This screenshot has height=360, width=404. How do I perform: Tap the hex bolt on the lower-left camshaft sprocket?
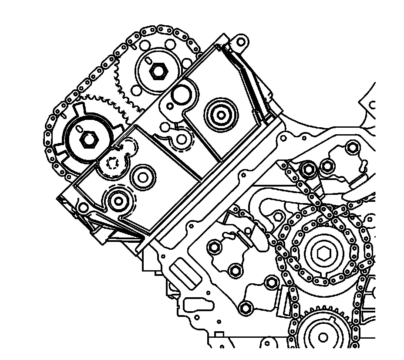(89, 139)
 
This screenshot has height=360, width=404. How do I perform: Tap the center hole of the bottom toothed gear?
(323, 337)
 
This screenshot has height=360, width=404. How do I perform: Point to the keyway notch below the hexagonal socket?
(323, 275)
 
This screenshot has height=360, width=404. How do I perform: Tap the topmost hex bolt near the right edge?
(352, 148)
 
